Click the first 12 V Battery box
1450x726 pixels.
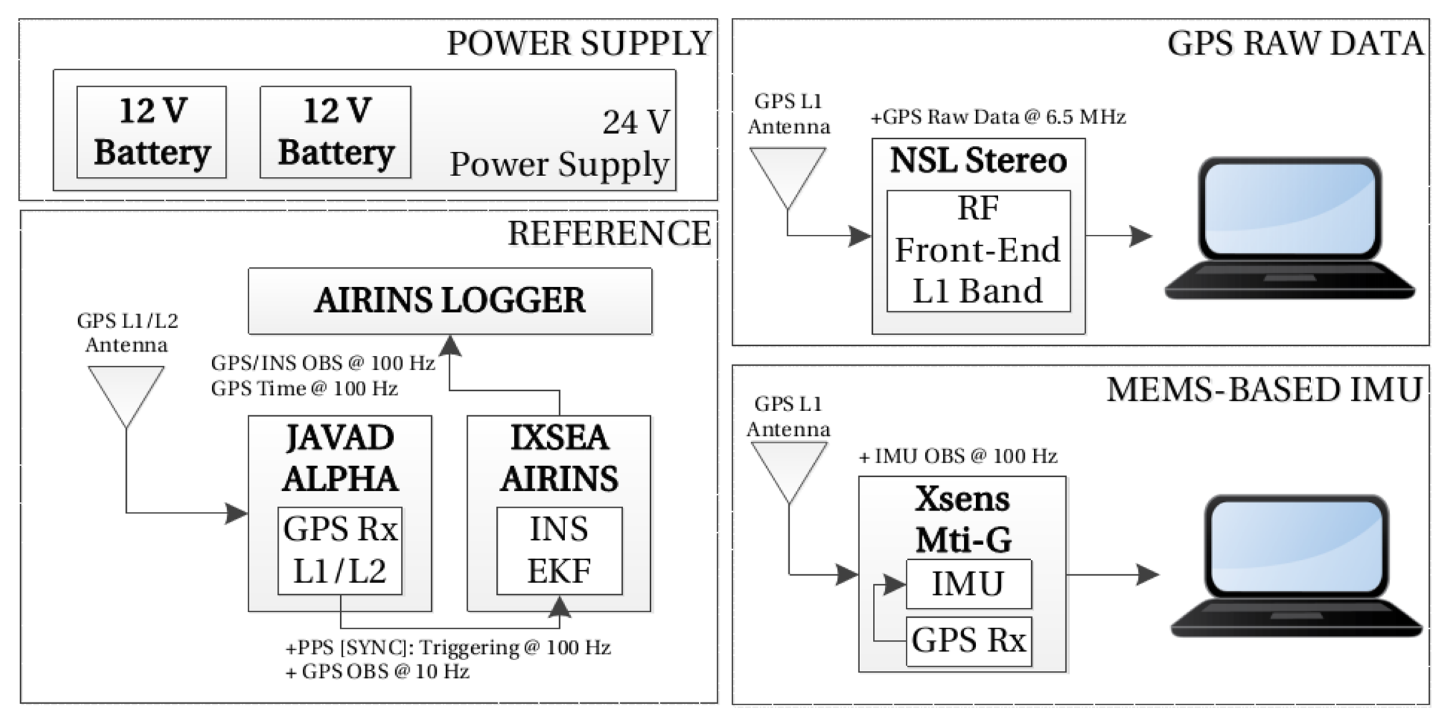tap(151, 132)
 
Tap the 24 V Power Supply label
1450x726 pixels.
tap(560, 143)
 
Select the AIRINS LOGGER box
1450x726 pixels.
tap(450, 301)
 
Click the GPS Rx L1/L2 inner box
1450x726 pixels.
tap(340, 551)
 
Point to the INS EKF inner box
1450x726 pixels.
tap(559, 551)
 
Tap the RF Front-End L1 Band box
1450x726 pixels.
tap(978, 251)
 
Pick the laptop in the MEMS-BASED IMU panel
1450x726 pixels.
tap(1296, 566)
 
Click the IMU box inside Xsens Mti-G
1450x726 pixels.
tap(969, 584)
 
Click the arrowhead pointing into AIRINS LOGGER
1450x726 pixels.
tap(450, 347)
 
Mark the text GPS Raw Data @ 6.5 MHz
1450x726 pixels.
tap(998, 117)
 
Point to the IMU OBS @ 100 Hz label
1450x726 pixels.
tap(958, 456)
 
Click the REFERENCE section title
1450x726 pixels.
tap(609, 233)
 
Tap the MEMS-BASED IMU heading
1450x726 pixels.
tap(1264, 390)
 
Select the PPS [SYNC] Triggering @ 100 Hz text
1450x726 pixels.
tap(448, 648)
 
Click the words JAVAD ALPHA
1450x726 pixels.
tap(340, 458)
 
